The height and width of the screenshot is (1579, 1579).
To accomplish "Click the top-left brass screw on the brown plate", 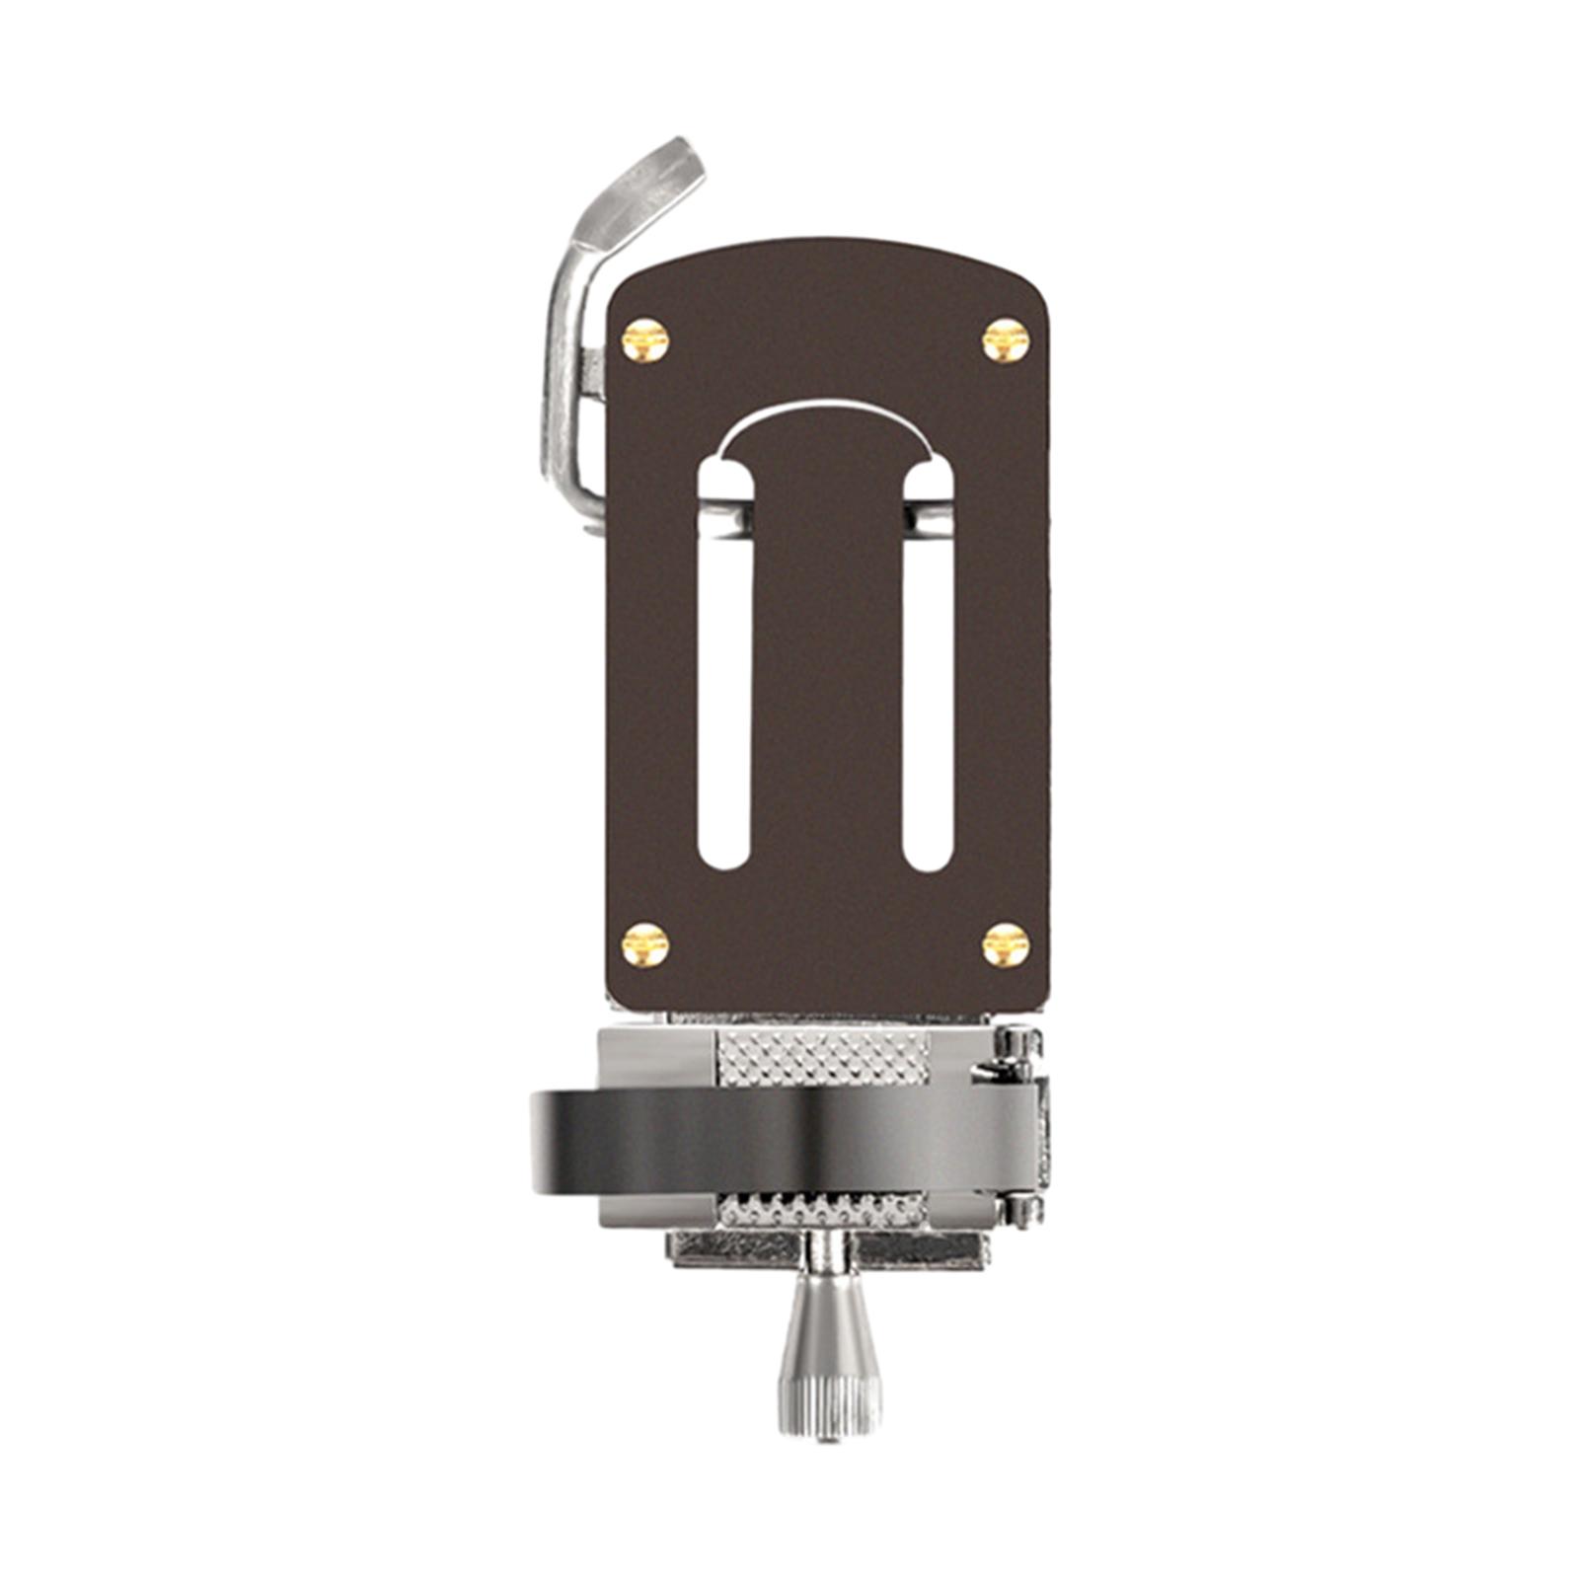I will point(645,341).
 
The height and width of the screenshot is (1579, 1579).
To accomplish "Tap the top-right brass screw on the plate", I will point(1006,340).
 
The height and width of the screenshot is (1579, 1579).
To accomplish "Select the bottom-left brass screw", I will point(645,944).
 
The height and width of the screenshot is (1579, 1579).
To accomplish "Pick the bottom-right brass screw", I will point(1006,944).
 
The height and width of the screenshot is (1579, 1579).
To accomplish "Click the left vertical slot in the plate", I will point(725,691).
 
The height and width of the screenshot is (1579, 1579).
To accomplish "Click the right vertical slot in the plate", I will point(929,691).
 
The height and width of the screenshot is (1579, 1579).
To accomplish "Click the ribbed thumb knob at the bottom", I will point(829,1382).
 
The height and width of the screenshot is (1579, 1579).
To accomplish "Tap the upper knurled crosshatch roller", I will point(823,1056).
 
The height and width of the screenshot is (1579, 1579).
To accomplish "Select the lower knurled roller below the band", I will point(821,1208).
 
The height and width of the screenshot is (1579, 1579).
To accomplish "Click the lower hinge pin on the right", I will point(1022,1212).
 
